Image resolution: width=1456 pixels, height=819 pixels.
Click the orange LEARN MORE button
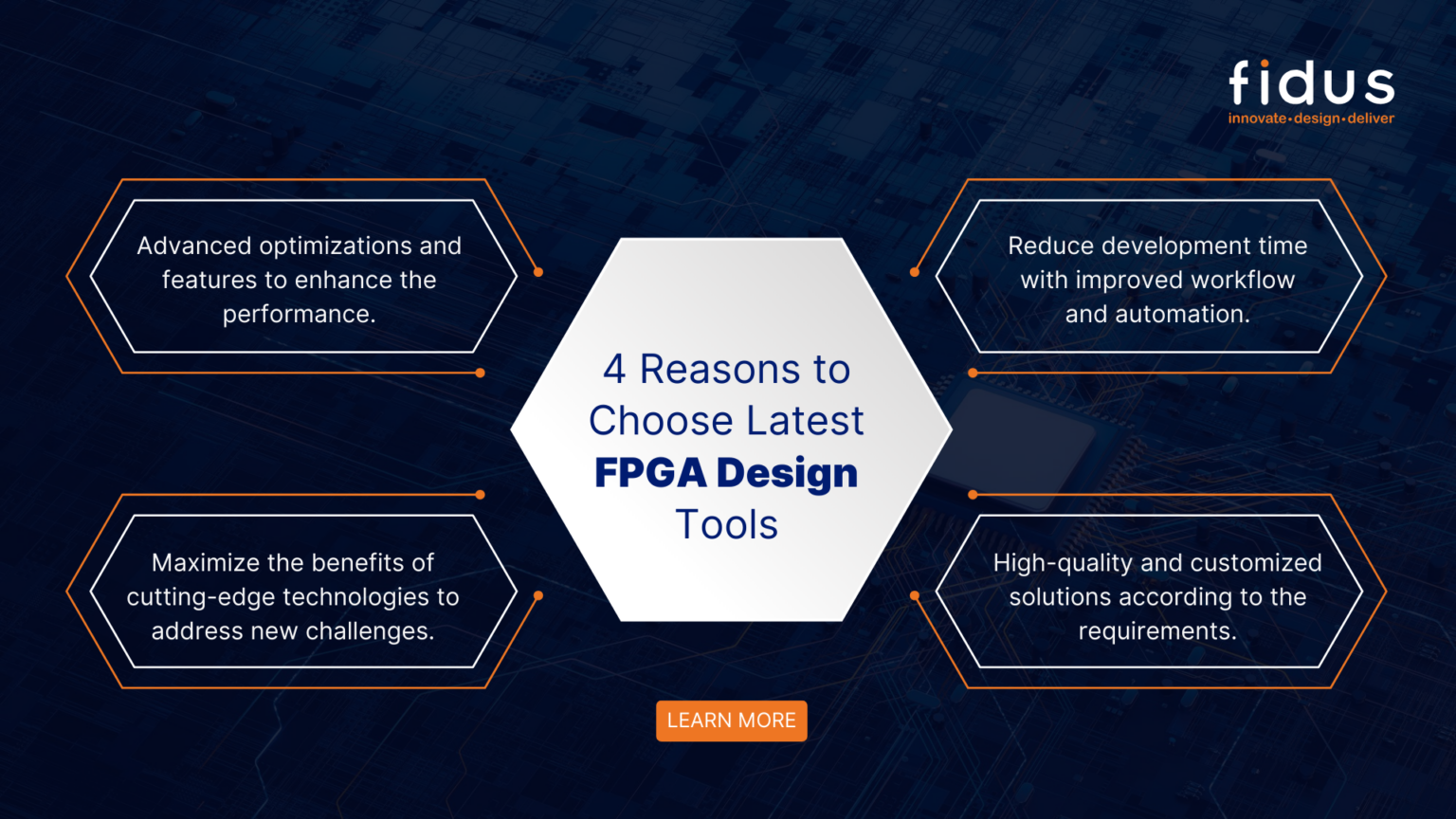(x=731, y=720)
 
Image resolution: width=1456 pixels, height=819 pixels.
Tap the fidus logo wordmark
(x=1311, y=83)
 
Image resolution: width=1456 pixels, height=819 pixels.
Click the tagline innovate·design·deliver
(x=1311, y=118)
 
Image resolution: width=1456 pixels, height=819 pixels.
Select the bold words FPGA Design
(x=726, y=473)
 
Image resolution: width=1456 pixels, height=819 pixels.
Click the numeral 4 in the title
(x=614, y=370)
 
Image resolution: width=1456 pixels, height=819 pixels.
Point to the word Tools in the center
(x=726, y=525)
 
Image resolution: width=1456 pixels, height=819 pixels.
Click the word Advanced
(x=194, y=246)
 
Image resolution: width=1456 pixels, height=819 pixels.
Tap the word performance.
(x=299, y=315)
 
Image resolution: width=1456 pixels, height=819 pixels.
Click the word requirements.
(x=1157, y=631)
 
